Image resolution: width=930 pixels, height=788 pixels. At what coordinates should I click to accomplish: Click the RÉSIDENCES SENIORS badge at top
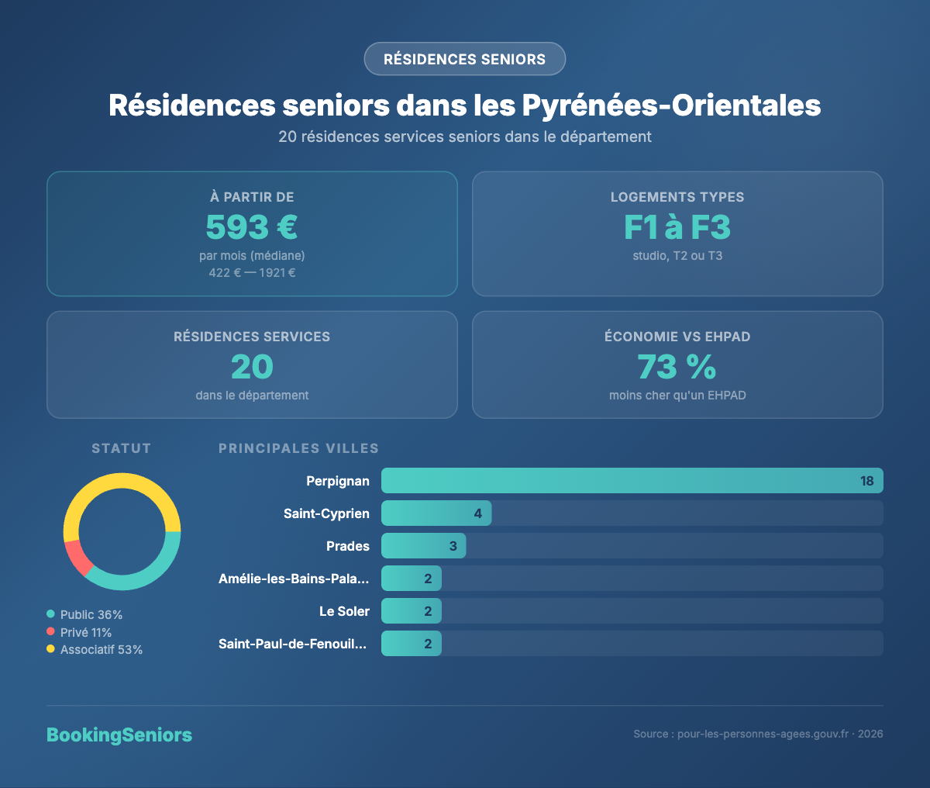tap(464, 59)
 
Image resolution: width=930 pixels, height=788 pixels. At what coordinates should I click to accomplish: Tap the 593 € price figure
tap(252, 227)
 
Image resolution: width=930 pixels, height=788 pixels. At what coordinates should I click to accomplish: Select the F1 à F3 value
tap(677, 227)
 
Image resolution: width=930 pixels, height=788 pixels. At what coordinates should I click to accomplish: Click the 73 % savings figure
tap(677, 367)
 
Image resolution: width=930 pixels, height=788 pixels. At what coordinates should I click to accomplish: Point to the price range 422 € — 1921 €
tap(252, 273)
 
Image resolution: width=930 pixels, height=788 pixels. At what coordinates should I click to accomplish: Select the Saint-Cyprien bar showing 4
tap(436, 513)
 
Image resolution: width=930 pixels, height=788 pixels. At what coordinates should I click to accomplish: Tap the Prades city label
tap(348, 546)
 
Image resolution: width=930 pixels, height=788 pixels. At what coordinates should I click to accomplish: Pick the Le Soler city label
tap(344, 611)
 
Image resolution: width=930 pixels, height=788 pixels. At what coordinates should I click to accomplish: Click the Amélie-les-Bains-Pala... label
tap(294, 579)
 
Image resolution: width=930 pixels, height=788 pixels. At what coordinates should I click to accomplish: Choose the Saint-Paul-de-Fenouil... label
tap(294, 644)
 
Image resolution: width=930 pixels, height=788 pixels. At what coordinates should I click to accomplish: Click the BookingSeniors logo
tap(119, 735)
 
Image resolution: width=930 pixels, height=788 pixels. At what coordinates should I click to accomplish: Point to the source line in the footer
tap(758, 734)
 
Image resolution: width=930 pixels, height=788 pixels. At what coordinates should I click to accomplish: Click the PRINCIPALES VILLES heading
tap(298, 448)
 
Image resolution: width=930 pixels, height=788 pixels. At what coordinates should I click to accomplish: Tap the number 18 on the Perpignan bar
tap(866, 481)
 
